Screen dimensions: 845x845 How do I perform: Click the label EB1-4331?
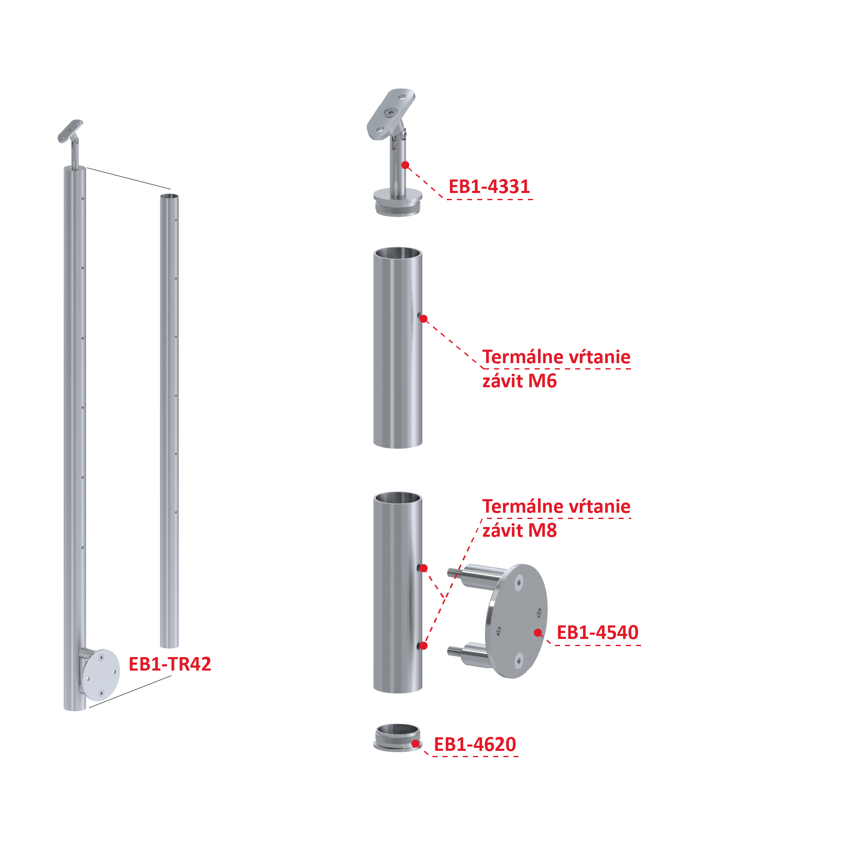click(x=489, y=187)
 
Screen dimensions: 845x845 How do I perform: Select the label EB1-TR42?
click(x=170, y=664)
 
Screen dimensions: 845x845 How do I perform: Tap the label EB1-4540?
click(x=598, y=633)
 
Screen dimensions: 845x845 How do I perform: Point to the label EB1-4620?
click(x=475, y=744)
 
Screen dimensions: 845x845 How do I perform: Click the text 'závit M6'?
click(x=519, y=381)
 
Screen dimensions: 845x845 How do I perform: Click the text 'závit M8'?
click(x=519, y=530)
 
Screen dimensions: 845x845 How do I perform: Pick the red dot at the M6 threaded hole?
click(x=424, y=319)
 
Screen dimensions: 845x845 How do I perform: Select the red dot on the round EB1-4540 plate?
click(x=538, y=633)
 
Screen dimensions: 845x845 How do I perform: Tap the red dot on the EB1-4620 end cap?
click(x=415, y=744)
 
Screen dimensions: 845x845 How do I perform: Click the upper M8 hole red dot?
click(x=424, y=568)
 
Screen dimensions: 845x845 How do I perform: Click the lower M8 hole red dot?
click(x=424, y=646)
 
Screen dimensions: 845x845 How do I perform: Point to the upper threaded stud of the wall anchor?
click(x=454, y=571)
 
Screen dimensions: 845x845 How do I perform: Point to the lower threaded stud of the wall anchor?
click(x=454, y=651)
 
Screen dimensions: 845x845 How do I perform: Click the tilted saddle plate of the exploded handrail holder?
click(x=391, y=114)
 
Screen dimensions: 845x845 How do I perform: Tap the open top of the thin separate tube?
click(x=169, y=196)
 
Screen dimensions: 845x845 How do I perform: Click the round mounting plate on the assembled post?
click(x=101, y=675)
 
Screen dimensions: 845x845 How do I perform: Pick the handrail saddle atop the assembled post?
click(x=70, y=131)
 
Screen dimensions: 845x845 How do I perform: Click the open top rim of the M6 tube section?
click(x=397, y=253)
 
